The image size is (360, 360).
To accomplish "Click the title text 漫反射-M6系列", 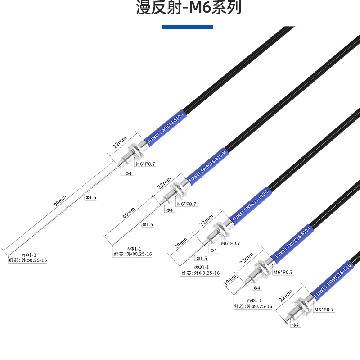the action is pos(188,8).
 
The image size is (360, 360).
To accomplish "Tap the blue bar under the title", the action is pos(188,27).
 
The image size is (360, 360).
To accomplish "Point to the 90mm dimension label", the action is pos(60,201).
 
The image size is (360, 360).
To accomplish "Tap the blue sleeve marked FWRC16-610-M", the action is pos(207,166).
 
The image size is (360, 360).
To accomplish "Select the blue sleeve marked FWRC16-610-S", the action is pos(250,205).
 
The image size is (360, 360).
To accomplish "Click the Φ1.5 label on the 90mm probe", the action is pos(91,197).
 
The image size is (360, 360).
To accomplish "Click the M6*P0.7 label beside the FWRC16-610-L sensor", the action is pos(145,164).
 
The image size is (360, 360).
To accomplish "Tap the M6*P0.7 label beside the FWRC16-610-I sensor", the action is pos(283,272).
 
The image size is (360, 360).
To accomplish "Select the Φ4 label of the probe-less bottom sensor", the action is pos(296,324).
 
